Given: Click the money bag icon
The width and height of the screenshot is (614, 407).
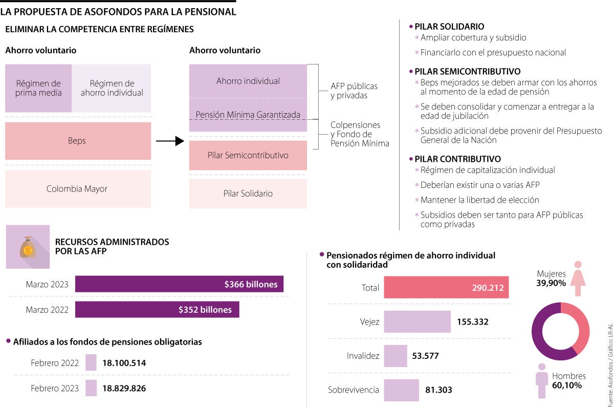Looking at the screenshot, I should point(28,247).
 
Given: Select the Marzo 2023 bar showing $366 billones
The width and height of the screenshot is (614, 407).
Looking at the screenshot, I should point(179,284).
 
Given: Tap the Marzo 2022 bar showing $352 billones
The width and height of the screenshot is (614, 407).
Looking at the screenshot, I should point(157,309).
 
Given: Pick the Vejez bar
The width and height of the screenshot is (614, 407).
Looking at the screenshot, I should point(417,322).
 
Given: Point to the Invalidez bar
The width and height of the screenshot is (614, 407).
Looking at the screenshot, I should point(395,355).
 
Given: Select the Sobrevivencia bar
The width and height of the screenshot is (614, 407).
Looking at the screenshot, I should point(401,390).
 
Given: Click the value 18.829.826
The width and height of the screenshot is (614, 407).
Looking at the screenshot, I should point(124,388).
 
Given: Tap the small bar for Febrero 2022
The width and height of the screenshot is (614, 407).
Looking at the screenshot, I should point(91,363).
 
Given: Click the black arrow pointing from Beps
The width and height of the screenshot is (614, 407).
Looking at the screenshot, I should point(169,141).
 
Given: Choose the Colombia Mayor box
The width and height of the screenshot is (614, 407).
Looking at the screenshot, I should point(78,189).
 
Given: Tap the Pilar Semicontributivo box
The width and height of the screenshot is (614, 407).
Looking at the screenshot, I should point(248,155).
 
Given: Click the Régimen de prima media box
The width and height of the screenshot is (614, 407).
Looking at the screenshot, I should point(38,88).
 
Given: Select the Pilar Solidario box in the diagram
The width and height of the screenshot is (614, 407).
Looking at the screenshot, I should point(248,194).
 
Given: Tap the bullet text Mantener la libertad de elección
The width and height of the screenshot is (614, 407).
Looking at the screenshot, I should point(479,200).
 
